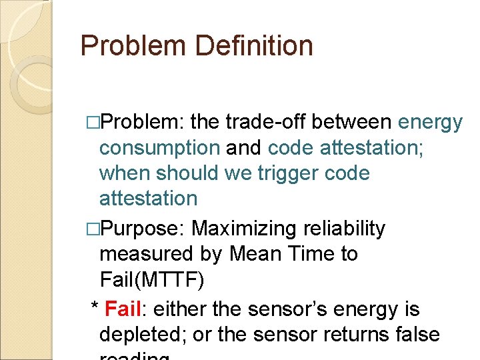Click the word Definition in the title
click(x=254, y=45)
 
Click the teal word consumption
click(x=159, y=148)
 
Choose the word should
click(x=189, y=173)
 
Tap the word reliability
click(x=345, y=229)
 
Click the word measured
click(x=146, y=254)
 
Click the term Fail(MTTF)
click(x=151, y=279)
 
